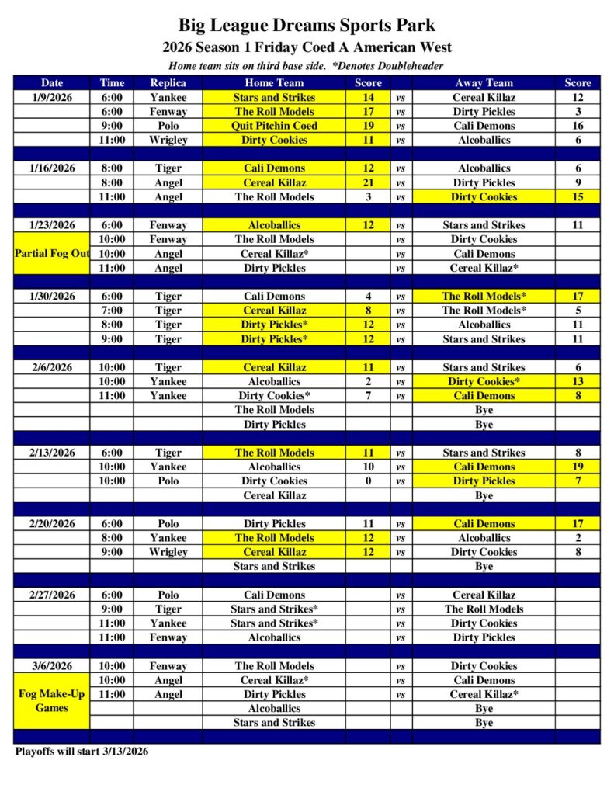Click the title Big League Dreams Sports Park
pyautogui.click(x=307, y=26)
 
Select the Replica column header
pyautogui.click(x=168, y=82)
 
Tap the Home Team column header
pyautogui.click(x=274, y=82)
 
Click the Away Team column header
pyautogui.click(x=484, y=82)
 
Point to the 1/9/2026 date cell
pyautogui.click(x=52, y=97)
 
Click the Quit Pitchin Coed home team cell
pyautogui.click(x=274, y=126)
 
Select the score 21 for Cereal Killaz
pyautogui.click(x=369, y=182)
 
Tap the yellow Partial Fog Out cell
pyautogui.click(x=52, y=254)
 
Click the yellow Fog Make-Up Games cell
pyautogui.click(x=52, y=701)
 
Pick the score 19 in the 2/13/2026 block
pyautogui.click(x=578, y=467)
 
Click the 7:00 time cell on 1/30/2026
pyautogui.click(x=111, y=311)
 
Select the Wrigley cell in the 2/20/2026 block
pyautogui.click(x=168, y=552)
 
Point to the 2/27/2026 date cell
pyautogui.click(x=52, y=595)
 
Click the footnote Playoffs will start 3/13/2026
pyautogui.click(x=82, y=752)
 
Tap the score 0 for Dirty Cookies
pyautogui.click(x=369, y=481)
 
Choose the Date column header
pyautogui.click(x=52, y=82)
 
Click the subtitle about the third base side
pyautogui.click(x=306, y=66)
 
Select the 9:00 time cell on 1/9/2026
pyautogui.click(x=111, y=126)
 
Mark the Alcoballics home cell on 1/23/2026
pyautogui.click(x=274, y=225)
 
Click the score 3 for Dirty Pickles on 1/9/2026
pyautogui.click(x=578, y=112)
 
